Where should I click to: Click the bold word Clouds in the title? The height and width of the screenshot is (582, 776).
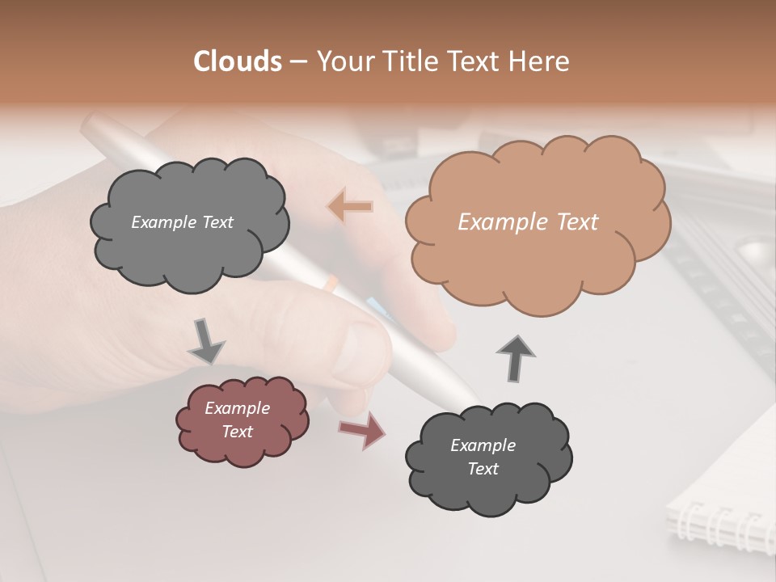(237, 61)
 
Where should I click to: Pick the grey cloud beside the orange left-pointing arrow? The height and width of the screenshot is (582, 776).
(189, 223)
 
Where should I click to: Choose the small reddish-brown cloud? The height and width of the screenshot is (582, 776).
(242, 420)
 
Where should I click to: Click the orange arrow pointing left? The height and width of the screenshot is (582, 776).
(350, 207)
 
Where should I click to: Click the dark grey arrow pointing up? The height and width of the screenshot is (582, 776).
(515, 356)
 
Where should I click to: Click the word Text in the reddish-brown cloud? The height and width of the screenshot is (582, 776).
(238, 432)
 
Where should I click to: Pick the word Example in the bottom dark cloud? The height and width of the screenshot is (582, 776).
(483, 445)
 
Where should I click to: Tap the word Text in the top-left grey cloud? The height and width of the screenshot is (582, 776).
(217, 222)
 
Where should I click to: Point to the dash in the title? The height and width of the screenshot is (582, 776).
(297, 62)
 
